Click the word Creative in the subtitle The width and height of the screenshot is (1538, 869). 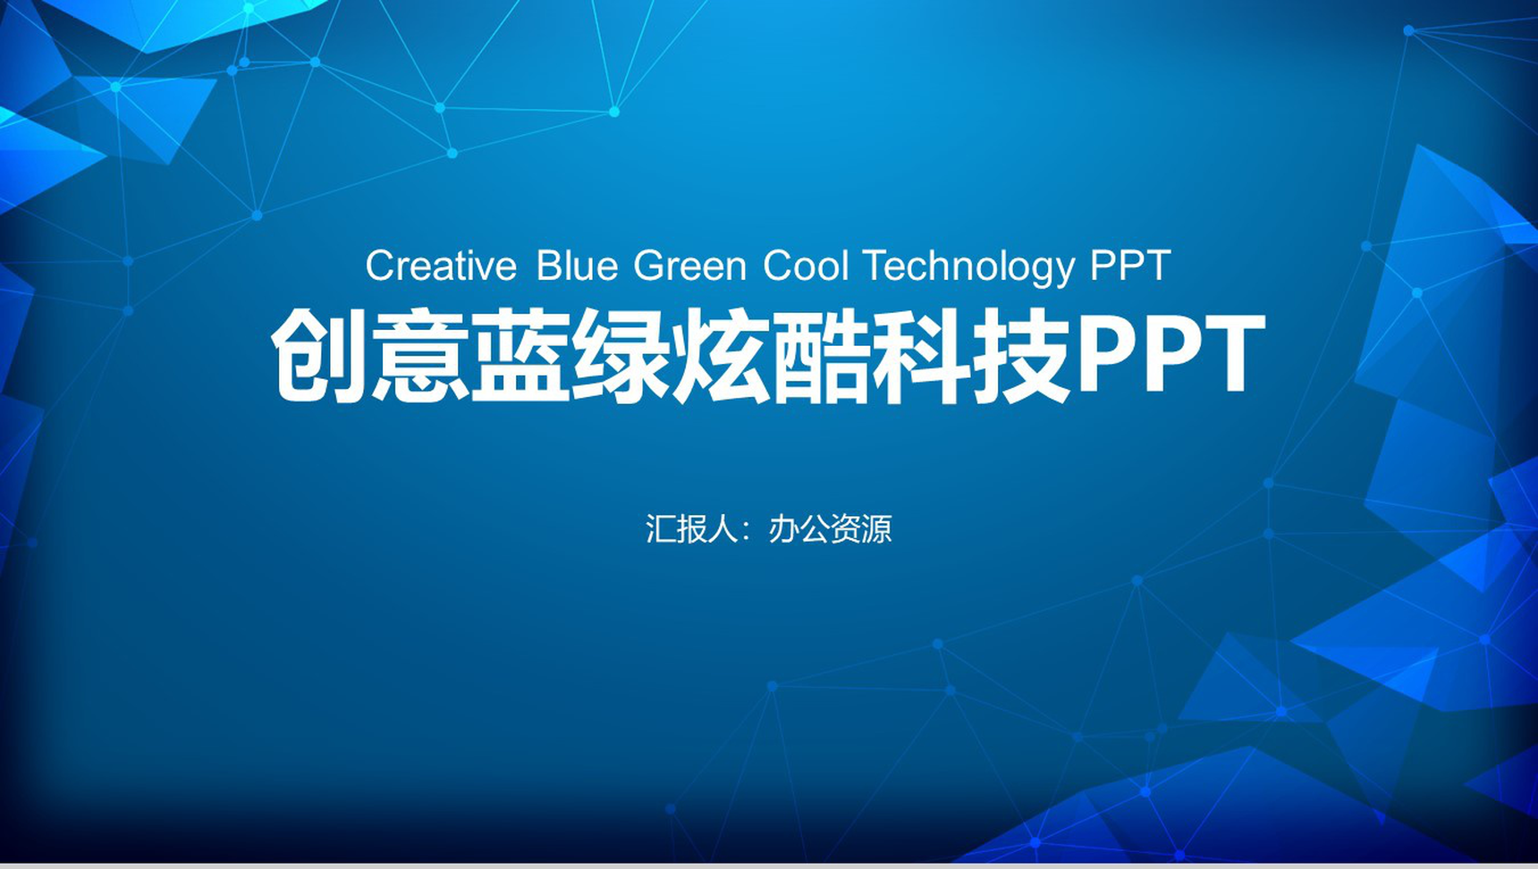tap(441, 266)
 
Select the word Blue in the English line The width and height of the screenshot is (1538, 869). tap(577, 266)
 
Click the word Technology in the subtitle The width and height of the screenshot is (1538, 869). tap(968, 266)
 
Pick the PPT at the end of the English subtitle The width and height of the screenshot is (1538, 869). tap(1130, 266)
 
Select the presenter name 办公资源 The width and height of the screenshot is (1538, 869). tap(830, 529)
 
